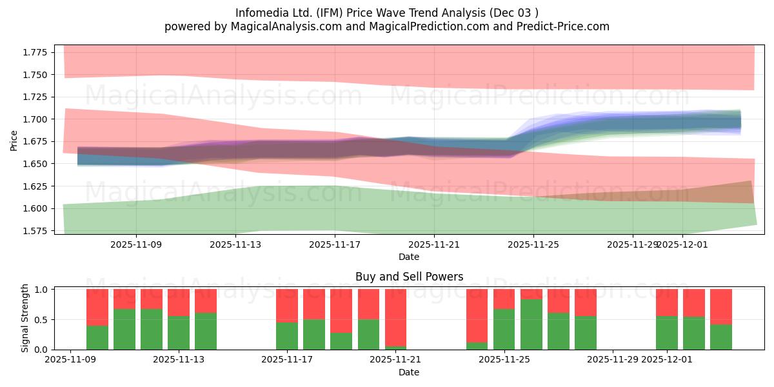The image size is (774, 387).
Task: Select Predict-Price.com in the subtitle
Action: pyautogui.click(x=563, y=26)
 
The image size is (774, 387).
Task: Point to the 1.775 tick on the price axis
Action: pyautogui.click(x=35, y=52)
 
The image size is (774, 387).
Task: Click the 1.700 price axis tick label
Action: pyautogui.click(x=35, y=119)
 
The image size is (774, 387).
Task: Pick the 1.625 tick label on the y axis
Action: pyautogui.click(x=35, y=186)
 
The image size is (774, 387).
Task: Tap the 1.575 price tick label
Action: pyautogui.click(x=35, y=231)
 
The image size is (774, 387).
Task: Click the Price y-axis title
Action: pyautogui.click(x=14, y=141)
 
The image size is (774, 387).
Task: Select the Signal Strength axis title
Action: pyautogui.click(x=25, y=318)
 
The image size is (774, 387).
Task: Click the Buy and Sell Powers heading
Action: pyautogui.click(x=409, y=277)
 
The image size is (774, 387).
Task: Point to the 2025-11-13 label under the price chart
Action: pyautogui.click(x=235, y=244)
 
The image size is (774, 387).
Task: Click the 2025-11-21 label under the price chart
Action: pyautogui.click(x=434, y=244)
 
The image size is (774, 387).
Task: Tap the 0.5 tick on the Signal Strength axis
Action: pyautogui.click(x=41, y=320)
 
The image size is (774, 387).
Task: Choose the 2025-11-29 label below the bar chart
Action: pyautogui.click(x=613, y=360)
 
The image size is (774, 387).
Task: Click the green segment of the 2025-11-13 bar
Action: pyautogui.click(x=179, y=333)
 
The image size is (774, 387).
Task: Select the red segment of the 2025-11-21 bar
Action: pyautogui.click(x=395, y=317)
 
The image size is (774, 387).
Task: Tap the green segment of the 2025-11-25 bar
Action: pyautogui.click(x=504, y=330)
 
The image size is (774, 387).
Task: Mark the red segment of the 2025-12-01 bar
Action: pyautogui.click(x=667, y=303)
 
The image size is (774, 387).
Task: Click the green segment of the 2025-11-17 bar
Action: pyautogui.click(x=287, y=336)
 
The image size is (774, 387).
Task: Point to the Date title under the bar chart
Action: pyautogui.click(x=409, y=373)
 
